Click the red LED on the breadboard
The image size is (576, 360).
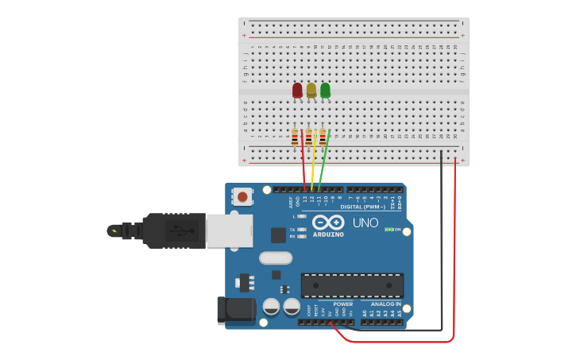tap(297, 91)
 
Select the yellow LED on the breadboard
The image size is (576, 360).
tap(311, 91)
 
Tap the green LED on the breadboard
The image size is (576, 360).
tap(325, 91)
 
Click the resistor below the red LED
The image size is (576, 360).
tap(295, 137)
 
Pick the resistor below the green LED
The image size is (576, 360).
tap(323, 137)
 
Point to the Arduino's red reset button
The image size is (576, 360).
tap(242, 195)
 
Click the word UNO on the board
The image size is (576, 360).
tap(365, 223)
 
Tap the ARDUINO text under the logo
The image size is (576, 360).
tap(328, 234)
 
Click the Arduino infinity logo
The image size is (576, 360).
tap(328, 222)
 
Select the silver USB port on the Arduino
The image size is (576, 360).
tap(230, 230)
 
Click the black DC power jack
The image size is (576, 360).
tap(236, 311)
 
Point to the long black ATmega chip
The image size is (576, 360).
tap(352, 285)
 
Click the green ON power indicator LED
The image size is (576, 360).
tap(388, 230)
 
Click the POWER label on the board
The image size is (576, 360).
tap(343, 304)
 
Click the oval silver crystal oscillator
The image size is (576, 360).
tap(276, 257)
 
